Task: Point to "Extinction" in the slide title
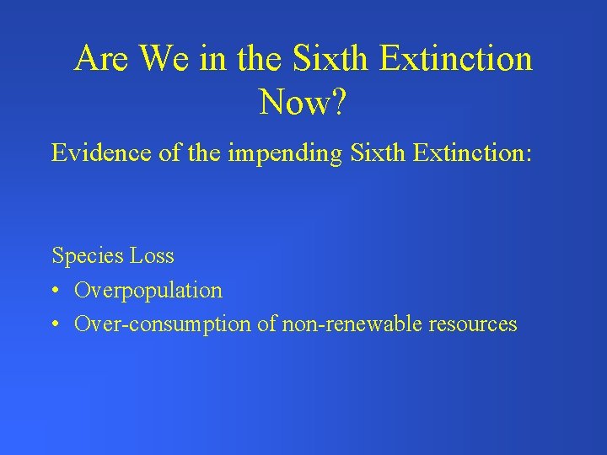pyautogui.click(x=456, y=59)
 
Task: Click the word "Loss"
pyautogui.click(x=152, y=255)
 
